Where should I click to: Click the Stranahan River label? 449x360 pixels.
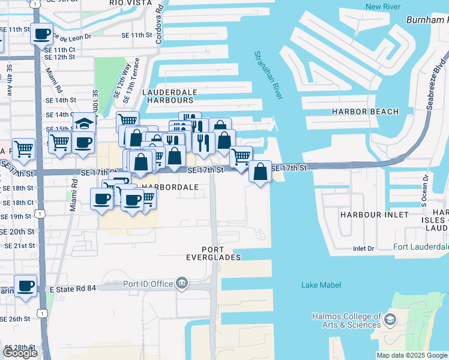(268, 74)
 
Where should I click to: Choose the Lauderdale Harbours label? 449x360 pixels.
(170, 96)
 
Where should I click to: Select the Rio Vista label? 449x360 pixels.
(131, 3)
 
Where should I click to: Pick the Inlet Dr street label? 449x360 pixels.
(363, 248)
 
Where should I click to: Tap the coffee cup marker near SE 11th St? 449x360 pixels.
(41, 35)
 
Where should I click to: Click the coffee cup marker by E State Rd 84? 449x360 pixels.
(25, 287)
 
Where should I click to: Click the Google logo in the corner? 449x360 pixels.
(20, 352)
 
